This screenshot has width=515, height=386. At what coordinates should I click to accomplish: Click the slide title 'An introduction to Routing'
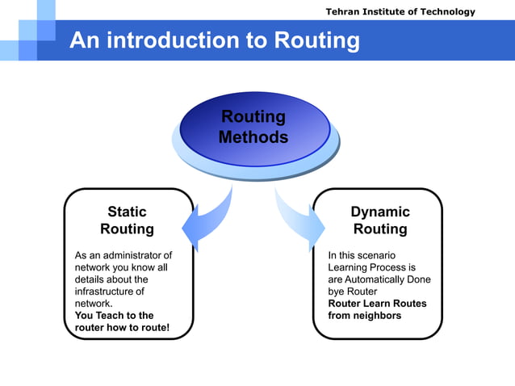(x=214, y=40)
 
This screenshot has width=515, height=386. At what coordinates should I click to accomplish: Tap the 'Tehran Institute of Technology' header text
(x=400, y=11)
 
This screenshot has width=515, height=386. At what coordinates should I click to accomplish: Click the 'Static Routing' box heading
(x=127, y=220)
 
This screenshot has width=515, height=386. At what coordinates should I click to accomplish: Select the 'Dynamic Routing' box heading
(x=379, y=220)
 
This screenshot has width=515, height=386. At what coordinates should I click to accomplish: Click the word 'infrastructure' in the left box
(x=109, y=292)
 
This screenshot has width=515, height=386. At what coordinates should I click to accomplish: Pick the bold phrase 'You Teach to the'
(x=114, y=316)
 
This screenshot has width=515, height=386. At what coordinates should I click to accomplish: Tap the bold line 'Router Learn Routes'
(x=377, y=304)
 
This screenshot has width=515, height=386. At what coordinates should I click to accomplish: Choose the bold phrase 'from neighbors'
(x=364, y=316)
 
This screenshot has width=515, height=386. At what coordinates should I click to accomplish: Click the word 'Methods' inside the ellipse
(x=253, y=138)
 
